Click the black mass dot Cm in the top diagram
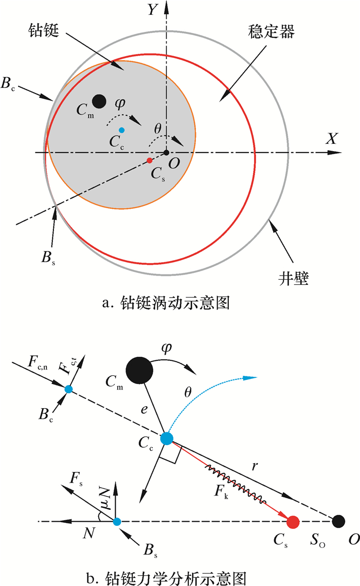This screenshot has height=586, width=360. tap(99, 100)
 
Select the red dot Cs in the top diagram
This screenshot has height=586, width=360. tap(150, 161)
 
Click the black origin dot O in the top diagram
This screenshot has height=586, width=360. tap(166, 153)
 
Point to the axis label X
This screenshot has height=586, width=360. tap(331, 138)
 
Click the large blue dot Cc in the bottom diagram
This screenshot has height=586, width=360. tap(166, 438)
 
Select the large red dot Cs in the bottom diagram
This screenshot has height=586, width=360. tap(293, 522)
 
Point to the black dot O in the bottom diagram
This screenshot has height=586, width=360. tap(338, 521)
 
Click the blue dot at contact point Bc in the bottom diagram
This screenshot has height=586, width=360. tap(68, 389)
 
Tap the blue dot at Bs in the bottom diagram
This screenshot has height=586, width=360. tap(117, 522)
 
